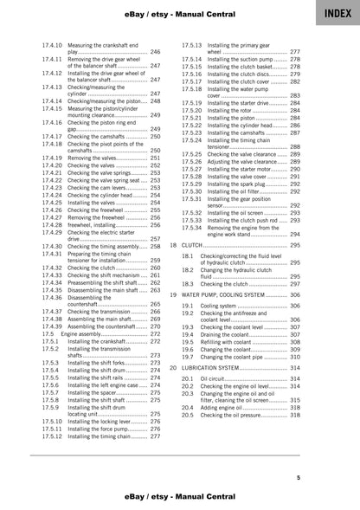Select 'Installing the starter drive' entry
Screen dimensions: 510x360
click(231, 103)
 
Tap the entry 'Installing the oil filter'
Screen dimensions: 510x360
click(234, 191)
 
